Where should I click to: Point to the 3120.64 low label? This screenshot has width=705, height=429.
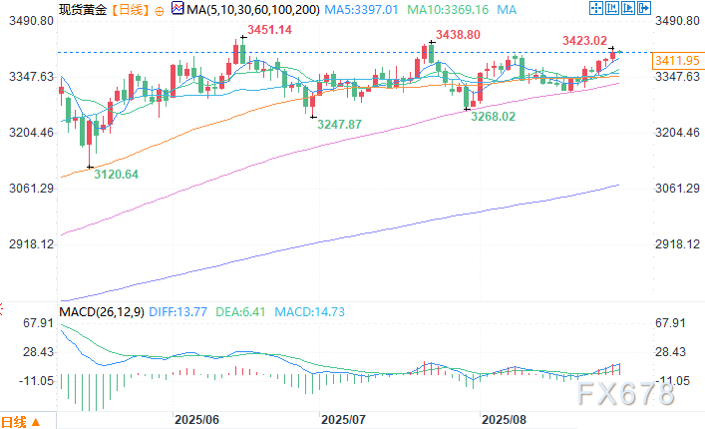coord(116,175)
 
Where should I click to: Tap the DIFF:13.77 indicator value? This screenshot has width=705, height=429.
coord(181,312)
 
